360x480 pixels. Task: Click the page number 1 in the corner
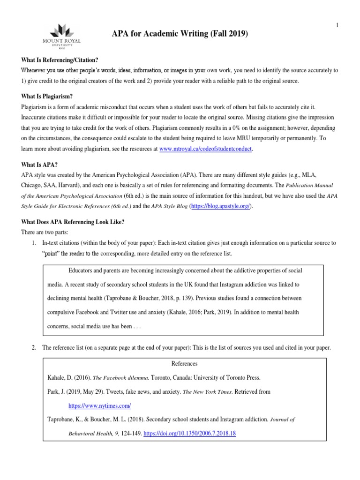click(x=337, y=25)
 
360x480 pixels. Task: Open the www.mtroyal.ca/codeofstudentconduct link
click(x=206, y=149)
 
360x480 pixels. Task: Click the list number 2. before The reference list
click(x=33, y=348)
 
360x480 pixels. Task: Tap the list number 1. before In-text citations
click(x=33, y=243)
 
